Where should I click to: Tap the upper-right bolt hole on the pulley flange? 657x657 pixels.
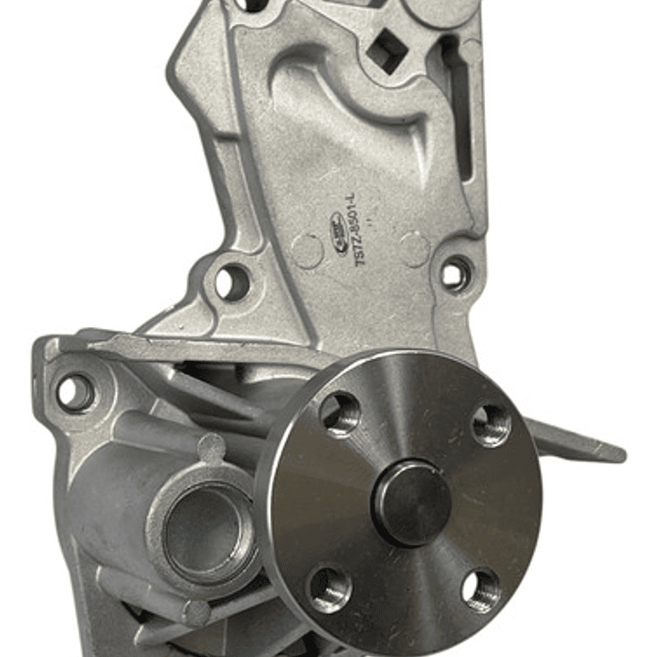click(491, 425)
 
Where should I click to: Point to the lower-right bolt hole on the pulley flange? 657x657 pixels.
click(481, 589)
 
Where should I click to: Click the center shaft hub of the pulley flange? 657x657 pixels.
click(410, 503)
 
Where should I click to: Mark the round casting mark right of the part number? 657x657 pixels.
click(414, 249)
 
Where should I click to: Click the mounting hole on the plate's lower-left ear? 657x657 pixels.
click(232, 281)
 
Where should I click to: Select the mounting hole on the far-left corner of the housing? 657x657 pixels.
click(74, 392)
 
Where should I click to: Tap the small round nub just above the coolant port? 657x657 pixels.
click(212, 449)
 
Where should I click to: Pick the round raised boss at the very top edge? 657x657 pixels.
click(439, 9)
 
